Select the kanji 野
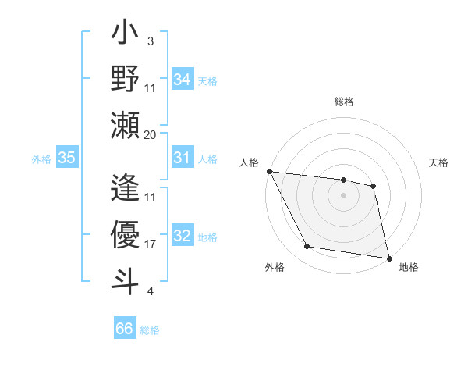point(125,79)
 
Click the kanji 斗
point(125,280)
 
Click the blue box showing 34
point(183,79)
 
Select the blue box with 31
point(183,158)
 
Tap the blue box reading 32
point(183,237)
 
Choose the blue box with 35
point(67,158)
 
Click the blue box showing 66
point(125,329)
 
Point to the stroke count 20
point(151,135)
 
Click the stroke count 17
point(151,244)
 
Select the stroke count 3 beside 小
point(151,41)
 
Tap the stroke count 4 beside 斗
point(151,292)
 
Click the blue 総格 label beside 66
point(150,330)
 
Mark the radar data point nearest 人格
point(269,171)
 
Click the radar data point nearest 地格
point(388,257)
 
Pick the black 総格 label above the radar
point(343,102)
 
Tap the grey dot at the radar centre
point(343,195)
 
